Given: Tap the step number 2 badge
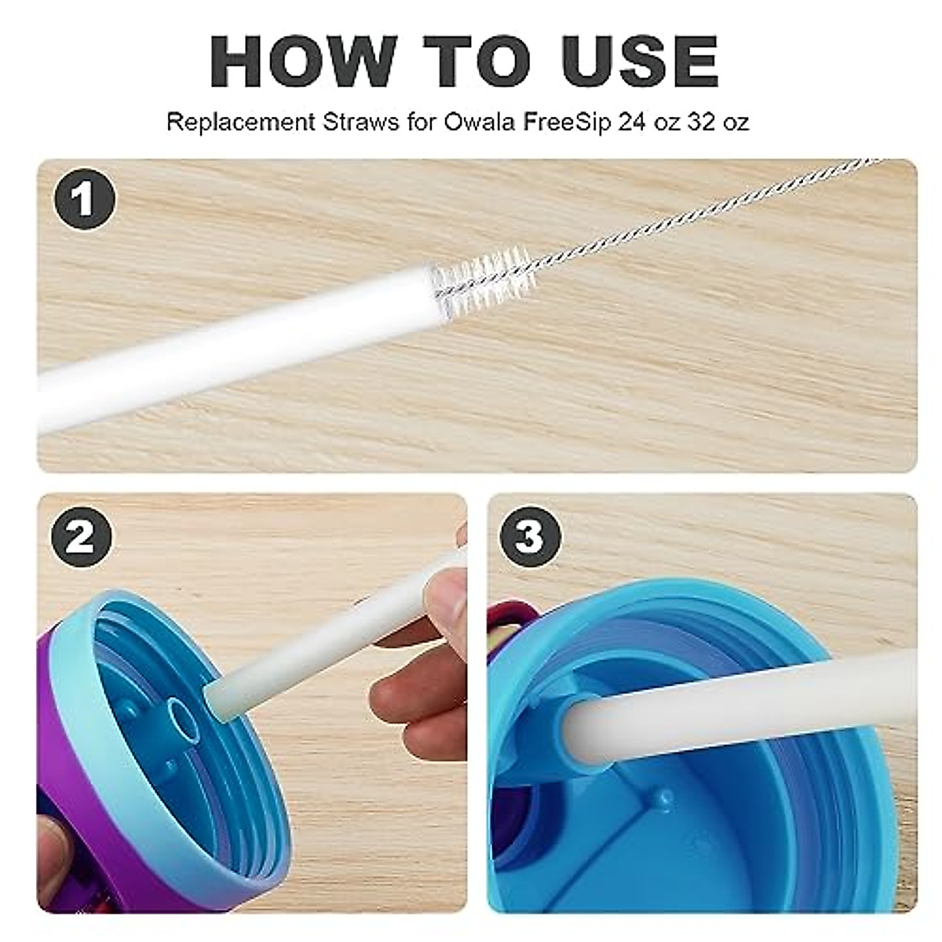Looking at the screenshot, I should point(82,538).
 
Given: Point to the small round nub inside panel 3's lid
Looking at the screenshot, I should point(665,799).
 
